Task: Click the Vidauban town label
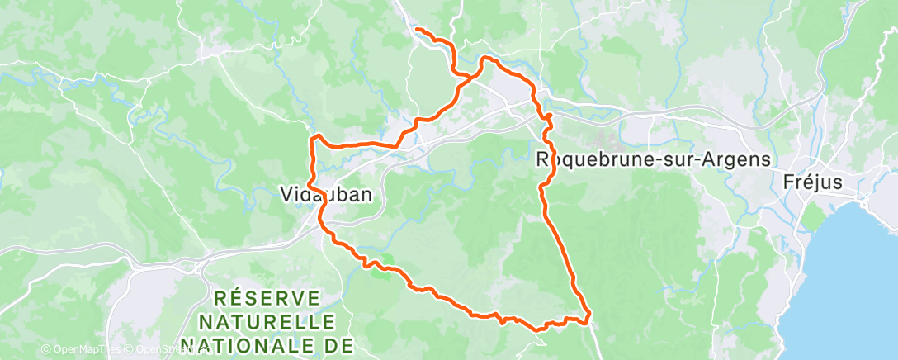click(x=323, y=195)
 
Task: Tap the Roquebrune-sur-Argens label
click(x=654, y=159)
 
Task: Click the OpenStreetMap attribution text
click(x=165, y=350)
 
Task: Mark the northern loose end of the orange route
click(x=415, y=30)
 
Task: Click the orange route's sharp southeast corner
click(x=588, y=315)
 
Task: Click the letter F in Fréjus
click(x=787, y=182)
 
